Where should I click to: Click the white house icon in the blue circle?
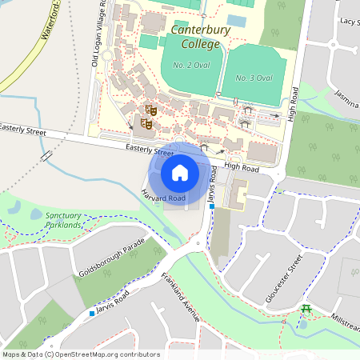(180, 172)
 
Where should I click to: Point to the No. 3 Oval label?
(254, 78)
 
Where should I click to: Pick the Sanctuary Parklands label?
(63, 221)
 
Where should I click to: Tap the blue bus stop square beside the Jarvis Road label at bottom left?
(92, 313)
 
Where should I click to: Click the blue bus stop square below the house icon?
(212, 207)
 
